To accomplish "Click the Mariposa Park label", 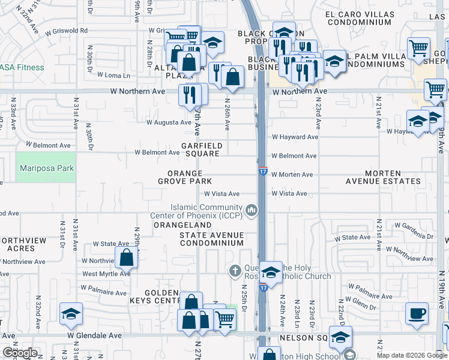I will pos(46,169).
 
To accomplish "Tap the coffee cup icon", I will pos(417,313).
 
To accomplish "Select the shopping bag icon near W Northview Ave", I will pos(127,258).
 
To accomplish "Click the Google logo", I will pos(20,353).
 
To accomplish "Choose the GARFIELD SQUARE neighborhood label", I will pos(202,149).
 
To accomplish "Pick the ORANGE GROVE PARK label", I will pos(185,177).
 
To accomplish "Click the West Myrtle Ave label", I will pos(106,274).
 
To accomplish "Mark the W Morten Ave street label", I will pos(292,175).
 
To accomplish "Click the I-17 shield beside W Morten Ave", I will pos(263,172).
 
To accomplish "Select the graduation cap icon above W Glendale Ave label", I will pos(71,313).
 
